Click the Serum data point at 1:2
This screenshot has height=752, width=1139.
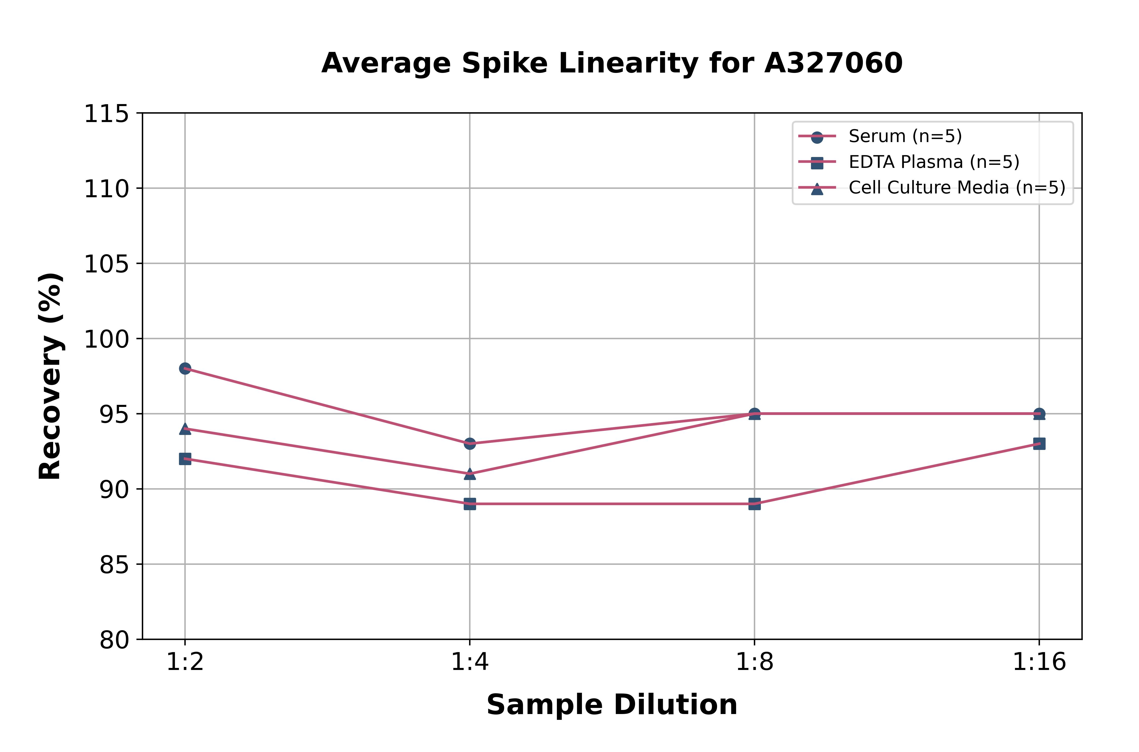point(185,368)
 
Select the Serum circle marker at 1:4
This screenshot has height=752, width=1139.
point(470,444)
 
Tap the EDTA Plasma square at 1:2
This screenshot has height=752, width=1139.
point(185,459)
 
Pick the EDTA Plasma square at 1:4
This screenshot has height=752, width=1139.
point(470,504)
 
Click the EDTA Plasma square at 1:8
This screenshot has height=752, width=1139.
point(755,504)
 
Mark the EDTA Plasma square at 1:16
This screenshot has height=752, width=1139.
point(1039,444)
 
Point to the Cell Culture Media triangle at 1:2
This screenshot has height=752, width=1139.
point(185,429)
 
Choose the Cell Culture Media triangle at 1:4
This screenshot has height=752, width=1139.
point(470,474)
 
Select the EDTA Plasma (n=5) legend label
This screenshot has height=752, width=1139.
point(934,162)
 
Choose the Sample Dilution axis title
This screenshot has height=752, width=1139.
point(612,704)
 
